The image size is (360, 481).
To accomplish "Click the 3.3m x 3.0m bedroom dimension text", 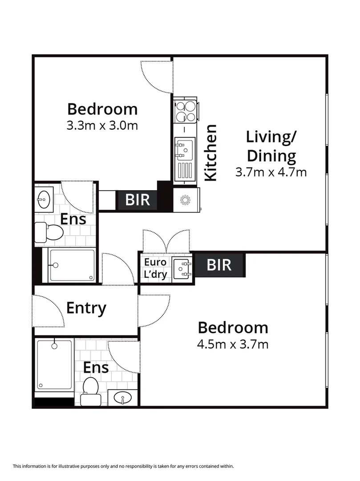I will [x=102, y=126].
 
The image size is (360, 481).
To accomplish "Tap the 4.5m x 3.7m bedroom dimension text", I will [x=233, y=344].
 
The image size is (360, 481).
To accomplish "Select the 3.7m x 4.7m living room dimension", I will [x=271, y=171].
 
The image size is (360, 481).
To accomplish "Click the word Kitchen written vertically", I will [x=210, y=153].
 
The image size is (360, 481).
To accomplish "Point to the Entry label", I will [x=86, y=308].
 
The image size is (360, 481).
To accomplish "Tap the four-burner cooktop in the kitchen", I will [x=186, y=111].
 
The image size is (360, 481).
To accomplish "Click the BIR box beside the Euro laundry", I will [x=219, y=265].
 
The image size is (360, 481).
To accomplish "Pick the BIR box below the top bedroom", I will [x=138, y=200].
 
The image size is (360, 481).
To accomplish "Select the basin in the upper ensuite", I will [x=44, y=199].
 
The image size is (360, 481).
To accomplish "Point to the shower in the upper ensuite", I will [x=72, y=265].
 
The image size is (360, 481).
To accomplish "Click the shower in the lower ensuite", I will [x=54, y=364].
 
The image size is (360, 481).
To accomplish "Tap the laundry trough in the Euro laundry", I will [x=182, y=268].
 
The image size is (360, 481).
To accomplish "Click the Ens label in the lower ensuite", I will [x=96, y=367].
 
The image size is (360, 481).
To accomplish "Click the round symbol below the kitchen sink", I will [x=186, y=200].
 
